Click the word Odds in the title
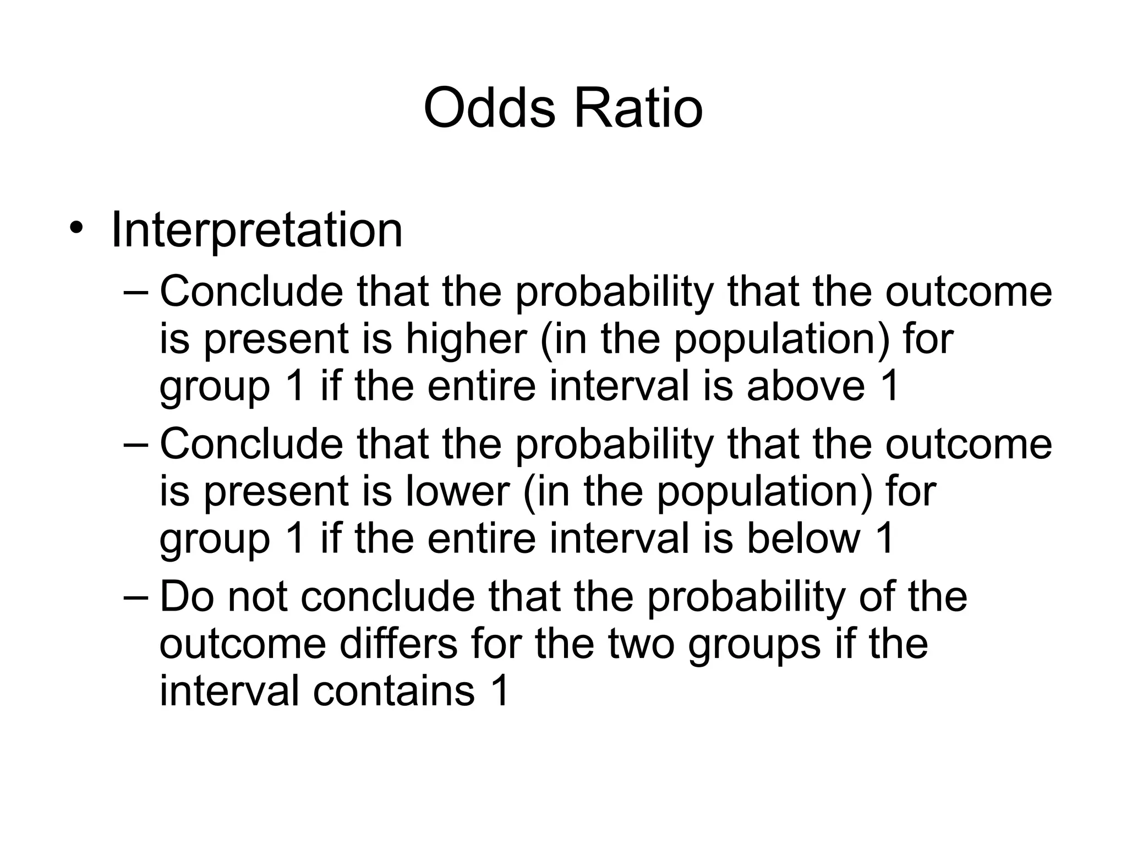click(489, 108)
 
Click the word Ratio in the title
click(638, 108)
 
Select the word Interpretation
click(256, 229)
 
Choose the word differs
click(398, 644)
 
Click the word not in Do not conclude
click(257, 597)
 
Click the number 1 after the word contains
click(499, 690)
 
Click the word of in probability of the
click(877, 597)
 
